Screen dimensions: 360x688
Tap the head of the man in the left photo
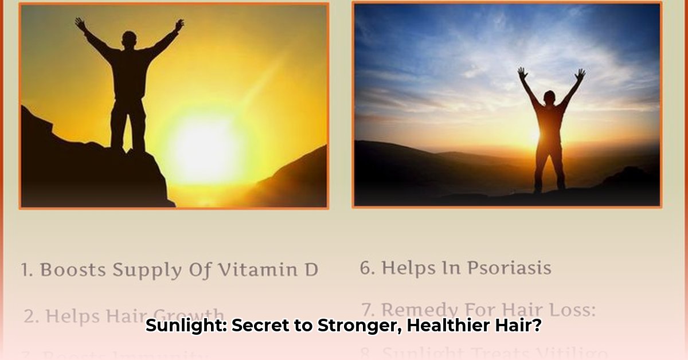(130, 40)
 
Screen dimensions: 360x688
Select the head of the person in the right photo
(549, 97)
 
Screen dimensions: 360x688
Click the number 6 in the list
(365, 268)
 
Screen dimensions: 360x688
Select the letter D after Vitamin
(311, 269)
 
